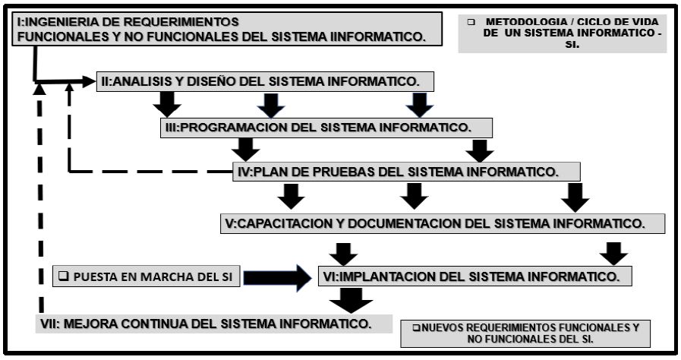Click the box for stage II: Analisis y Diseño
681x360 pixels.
click(266, 81)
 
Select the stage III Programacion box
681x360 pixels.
click(326, 127)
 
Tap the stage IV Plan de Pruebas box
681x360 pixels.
click(406, 172)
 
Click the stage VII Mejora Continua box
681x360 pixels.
click(209, 323)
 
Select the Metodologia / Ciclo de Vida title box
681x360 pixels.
click(562, 33)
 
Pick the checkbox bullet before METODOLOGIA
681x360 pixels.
click(471, 22)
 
